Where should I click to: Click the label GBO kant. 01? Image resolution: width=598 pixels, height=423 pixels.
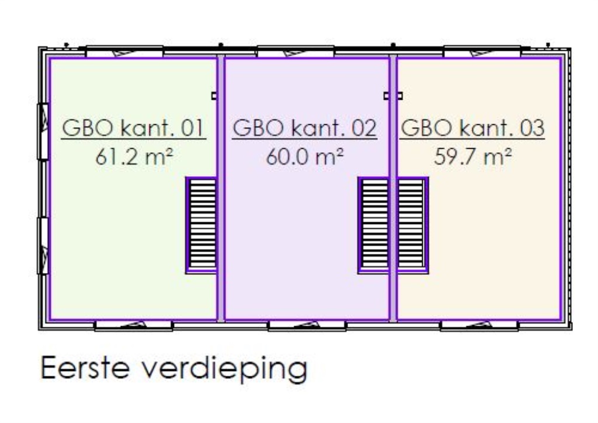coord(134,128)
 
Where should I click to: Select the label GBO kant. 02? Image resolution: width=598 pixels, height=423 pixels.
coord(304,128)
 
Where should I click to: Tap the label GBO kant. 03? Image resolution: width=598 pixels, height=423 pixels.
coord(472,128)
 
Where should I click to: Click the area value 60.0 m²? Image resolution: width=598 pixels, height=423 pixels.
coord(304,158)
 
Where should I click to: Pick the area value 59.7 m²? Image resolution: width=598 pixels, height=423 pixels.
coord(472,158)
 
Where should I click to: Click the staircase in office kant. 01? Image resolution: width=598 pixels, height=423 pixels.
coord(201,225)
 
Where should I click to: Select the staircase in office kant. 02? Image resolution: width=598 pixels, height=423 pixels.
coord(374,225)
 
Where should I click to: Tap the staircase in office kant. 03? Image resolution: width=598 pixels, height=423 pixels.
coord(412,225)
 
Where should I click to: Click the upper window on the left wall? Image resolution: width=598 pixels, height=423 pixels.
coord(43,131)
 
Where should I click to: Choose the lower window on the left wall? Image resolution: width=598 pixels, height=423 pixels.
coord(43,245)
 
